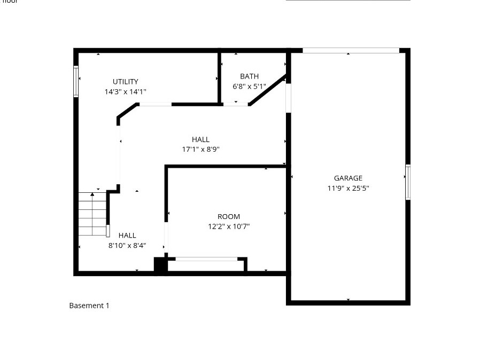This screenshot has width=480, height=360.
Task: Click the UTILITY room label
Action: (125, 82)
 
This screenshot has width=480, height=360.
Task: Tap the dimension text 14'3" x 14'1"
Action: (125, 92)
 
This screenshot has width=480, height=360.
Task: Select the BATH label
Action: (249, 76)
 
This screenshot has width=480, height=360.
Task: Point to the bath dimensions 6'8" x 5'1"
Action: (249, 86)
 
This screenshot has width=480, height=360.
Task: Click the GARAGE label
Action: (348, 178)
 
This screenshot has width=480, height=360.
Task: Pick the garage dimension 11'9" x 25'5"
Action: (348, 188)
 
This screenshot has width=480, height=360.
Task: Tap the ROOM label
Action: (229, 217)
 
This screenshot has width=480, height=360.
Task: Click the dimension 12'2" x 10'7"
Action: (229, 226)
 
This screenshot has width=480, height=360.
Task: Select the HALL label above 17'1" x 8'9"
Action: (200, 139)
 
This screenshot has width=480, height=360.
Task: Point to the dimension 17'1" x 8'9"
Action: (200, 150)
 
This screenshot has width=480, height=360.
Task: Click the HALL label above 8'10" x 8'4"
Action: (127, 236)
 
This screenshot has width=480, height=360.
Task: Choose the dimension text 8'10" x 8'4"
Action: (127, 246)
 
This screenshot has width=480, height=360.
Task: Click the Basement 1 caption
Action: (89, 306)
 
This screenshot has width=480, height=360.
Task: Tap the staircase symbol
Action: (92, 214)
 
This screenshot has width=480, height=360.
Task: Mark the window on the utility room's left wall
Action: (76, 82)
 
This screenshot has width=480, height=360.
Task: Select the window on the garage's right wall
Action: (408, 182)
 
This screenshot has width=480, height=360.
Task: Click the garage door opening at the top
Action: (351, 51)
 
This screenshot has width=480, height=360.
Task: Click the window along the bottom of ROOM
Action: (206, 259)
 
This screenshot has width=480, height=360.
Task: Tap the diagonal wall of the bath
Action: (267, 90)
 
